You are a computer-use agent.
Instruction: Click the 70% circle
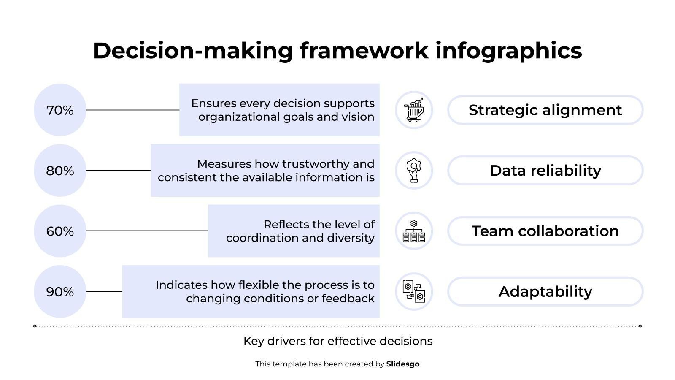(60, 110)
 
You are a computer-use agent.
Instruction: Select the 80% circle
(60, 171)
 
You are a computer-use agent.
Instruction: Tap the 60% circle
(60, 231)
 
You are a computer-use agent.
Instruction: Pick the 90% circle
(60, 292)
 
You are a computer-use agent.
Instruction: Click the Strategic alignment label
(545, 110)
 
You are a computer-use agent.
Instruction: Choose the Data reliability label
(545, 171)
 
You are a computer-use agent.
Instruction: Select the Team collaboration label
(545, 231)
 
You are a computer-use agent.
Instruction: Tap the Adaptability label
(545, 292)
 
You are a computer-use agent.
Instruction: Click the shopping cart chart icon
(414, 110)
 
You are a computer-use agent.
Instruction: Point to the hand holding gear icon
(414, 171)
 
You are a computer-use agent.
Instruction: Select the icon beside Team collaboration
(414, 231)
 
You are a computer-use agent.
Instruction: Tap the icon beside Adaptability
(414, 292)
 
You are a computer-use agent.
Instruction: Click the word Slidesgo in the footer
(402, 364)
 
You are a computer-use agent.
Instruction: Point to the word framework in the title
(364, 51)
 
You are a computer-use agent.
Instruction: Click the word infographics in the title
(509, 51)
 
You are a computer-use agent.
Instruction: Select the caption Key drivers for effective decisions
(338, 341)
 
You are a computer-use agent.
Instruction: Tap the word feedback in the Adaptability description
(348, 298)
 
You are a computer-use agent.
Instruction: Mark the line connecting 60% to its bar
(147, 231)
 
